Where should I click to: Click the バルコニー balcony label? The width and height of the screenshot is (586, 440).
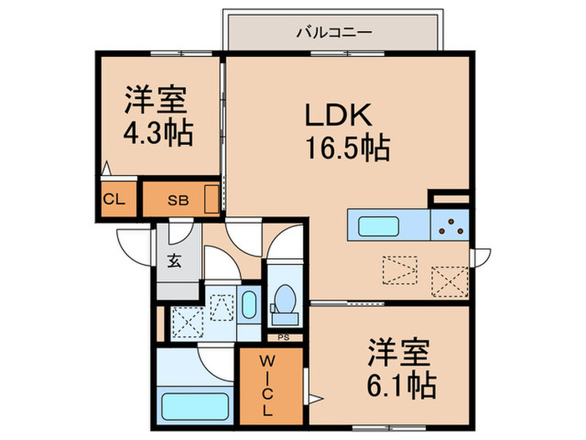(x=334, y=33)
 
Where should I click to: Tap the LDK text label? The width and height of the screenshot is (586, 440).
(x=338, y=115)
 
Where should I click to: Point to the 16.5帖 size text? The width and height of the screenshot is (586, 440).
(x=348, y=148)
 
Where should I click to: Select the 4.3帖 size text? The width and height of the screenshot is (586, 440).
(x=158, y=132)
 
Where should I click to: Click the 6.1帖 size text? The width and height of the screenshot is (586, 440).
(x=402, y=385)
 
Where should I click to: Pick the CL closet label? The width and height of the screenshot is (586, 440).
(x=114, y=199)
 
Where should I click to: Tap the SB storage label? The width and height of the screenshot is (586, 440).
(x=177, y=201)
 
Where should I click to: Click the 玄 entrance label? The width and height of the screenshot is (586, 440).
(x=174, y=261)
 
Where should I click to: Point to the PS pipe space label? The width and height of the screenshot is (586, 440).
(x=284, y=338)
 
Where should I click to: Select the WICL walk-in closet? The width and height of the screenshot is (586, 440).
(x=271, y=386)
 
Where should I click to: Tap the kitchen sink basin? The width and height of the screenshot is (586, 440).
(x=378, y=226)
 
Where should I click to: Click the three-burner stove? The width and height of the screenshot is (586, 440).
(x=450, y=225)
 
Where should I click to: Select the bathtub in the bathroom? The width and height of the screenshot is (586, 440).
(x=195, y=406)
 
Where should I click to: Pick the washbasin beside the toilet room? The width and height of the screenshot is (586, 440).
(x=249, y=305)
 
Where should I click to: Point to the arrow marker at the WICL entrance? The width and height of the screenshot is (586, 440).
(x=315, y=399)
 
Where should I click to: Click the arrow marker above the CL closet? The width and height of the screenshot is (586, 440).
(x=106, y=168)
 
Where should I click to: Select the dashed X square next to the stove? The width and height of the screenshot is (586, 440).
(x=450, y=282)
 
